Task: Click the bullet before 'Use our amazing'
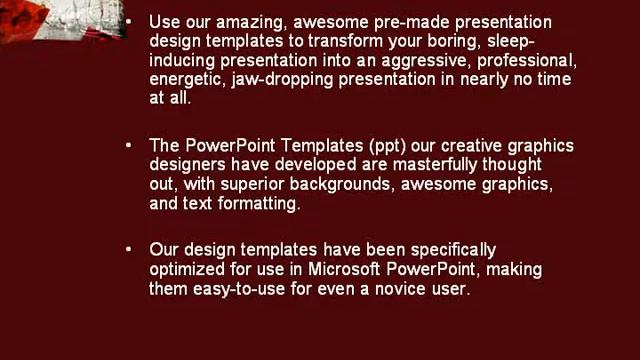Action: tap(128, 21)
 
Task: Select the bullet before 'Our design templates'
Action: tap(128, 250)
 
